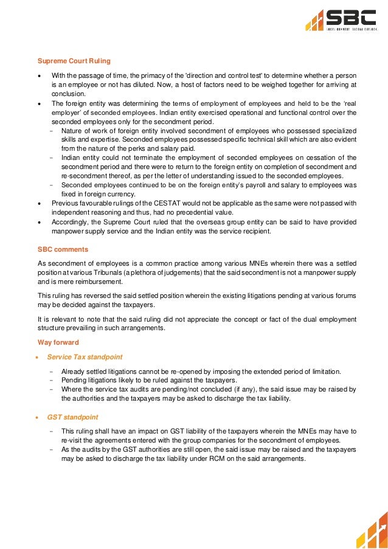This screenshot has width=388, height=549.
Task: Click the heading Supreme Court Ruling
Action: click(74, 61)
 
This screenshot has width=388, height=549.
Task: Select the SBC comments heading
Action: click(63, 250)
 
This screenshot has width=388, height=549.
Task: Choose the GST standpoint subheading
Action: click(72, 417)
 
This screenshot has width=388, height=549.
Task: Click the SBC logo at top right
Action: click(341, 20)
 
